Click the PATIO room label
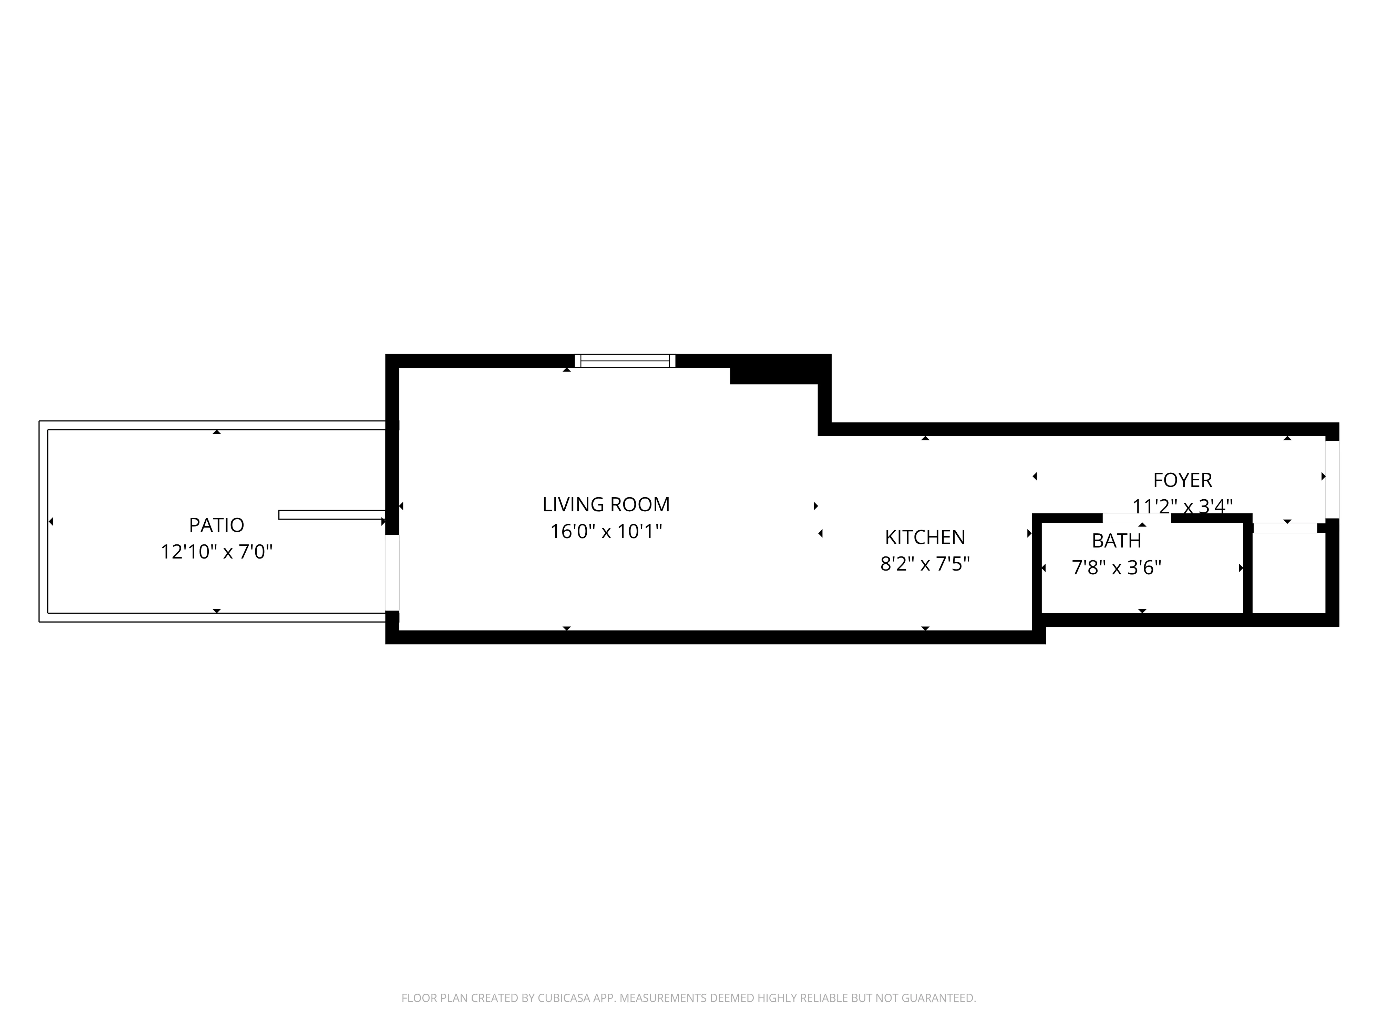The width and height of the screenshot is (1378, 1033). [x=216, y=525]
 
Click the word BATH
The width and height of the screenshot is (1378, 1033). [x=1117, y=541]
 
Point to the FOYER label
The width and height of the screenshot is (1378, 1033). [x=1182, y=480]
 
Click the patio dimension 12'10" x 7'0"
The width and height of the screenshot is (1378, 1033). [x=216, y=552]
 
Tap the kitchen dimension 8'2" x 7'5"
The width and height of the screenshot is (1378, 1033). [x=925, y=564]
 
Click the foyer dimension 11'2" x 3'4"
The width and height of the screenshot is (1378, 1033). [x=1182, y=506]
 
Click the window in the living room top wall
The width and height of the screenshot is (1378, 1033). [x=625, y=361]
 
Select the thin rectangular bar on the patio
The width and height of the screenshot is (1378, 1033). [x=331, y=514]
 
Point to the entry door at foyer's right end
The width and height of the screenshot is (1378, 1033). [x=1332, y=479]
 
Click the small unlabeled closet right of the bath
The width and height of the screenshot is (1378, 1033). [x=1288, y=573]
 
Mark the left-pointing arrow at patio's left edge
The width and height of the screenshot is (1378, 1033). [x=50, y=521]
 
